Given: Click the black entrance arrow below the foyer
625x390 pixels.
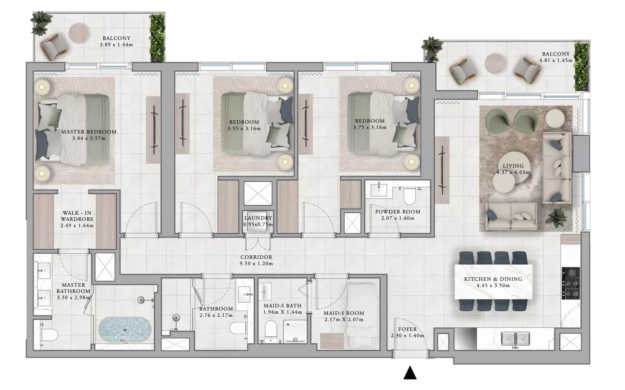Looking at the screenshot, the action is click(410, 373).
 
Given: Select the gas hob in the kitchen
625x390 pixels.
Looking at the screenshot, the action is click(571, 283).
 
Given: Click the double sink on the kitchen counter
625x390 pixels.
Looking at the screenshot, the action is click(515, 339).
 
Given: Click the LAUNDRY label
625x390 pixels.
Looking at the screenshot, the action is click(258, 218).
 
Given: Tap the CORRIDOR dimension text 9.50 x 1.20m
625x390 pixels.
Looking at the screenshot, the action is click(256, 264).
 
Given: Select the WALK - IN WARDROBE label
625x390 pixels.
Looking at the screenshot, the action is click(77, 216).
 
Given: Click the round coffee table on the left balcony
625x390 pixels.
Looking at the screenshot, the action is click(78, 33).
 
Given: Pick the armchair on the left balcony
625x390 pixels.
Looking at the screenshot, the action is click(54, 47).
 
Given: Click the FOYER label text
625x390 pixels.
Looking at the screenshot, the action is click(408, 329).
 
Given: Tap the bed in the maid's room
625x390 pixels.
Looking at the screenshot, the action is click(363, 316).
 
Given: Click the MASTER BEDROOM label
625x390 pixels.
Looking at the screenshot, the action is click(89, 132).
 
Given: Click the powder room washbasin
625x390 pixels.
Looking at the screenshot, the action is click(379, 189).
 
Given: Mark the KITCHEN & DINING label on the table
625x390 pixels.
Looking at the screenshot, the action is click(493, 279).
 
